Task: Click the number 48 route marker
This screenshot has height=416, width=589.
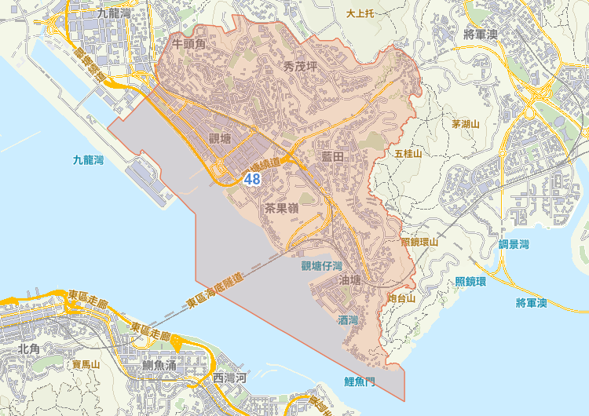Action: pos(252,179)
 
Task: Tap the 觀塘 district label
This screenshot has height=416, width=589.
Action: pos(221,139)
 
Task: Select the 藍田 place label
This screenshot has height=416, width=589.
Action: pos(334,157)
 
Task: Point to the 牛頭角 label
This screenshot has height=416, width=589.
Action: pos(188,45)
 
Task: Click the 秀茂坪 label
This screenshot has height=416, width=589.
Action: pos(299,67)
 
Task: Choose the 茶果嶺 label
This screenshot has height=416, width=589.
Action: pos(280,209)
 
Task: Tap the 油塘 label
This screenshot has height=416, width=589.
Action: pos(350,280)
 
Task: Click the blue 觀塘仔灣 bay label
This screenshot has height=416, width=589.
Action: pos(322,266)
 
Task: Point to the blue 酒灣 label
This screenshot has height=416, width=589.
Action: pos(348,319)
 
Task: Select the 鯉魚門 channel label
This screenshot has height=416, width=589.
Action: pos(360,381)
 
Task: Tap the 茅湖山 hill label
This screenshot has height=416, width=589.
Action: pos(465,124)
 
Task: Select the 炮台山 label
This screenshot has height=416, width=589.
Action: pos(401,299)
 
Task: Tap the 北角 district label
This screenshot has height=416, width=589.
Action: pos(29,348)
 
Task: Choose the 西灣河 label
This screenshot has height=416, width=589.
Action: pos(230,379)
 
